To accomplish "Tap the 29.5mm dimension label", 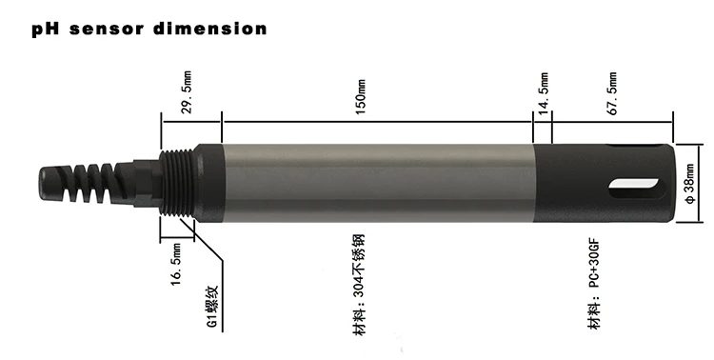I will pyautogui.click(x=187, y=90).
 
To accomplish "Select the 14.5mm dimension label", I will pyautogui.click(x=544, y=90).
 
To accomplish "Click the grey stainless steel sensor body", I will pyautogui.click(x=371, y=181).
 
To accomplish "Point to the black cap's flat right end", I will pyautogui.click(x=672, y=181).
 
